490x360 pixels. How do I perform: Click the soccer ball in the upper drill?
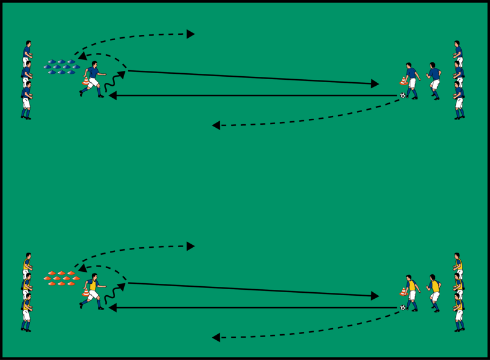(x=403, y=95)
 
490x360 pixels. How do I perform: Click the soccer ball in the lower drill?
(x=403, y=307)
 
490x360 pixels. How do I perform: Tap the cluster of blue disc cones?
(x=62, y=67)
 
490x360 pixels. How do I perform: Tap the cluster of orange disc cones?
(x=61, y=278)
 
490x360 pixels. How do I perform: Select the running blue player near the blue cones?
(x=92, y=78)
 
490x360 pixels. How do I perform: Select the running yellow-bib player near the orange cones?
(x=92, y=290)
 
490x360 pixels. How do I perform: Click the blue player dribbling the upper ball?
(x=411, y=80)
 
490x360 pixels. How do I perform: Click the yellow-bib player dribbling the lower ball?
(x=411, y=292)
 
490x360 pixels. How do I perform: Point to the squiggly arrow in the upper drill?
(x=114, y=82)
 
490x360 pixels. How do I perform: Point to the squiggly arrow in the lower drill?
(x=114, y=294)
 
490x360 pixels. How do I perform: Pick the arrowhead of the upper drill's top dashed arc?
(x=190, y=34)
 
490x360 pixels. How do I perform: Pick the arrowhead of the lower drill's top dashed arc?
(x=190, y=246)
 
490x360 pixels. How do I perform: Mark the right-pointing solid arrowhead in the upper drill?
(x=375, y=83)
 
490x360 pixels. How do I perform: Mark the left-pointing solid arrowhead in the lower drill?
(x=112, y=308)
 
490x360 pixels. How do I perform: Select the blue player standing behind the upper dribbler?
(x=434, y=80)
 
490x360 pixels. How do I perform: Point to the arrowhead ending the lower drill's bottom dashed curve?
(x=216, y=337)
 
